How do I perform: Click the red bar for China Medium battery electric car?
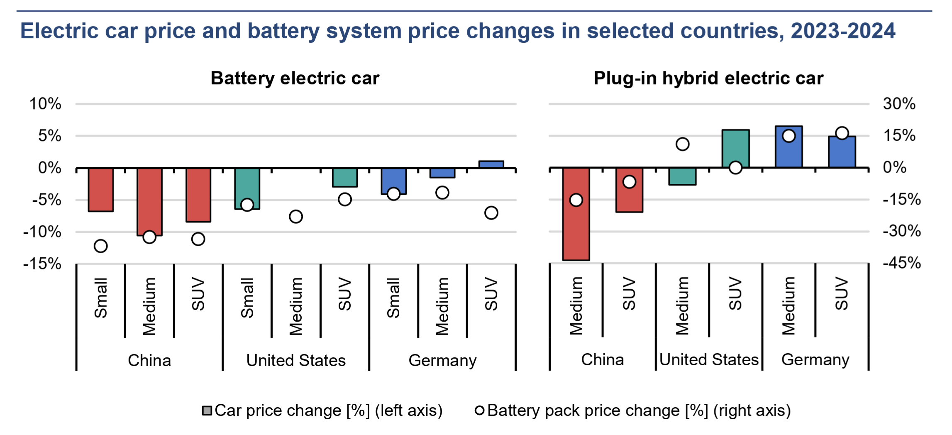pyautogui.click(x=149, y=201)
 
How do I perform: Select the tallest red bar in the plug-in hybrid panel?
pyautogui.click(x=576, y=214)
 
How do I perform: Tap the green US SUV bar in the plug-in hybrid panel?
pyautogui.click(x=735, y=148)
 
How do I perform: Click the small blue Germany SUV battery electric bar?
pyautogui.click(x=491, y=164)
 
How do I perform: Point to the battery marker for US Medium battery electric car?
pyautogui.click(x=296, y=216)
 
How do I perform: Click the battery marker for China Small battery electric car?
pyautogui.click(x=100, y=246)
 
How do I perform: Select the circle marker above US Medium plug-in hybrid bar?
pyautogui.click(x=683, y=144)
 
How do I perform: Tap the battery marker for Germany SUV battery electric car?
pyautogui.click(x=491, y=213)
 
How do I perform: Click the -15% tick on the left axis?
pyautogui.click(x=43, y=264)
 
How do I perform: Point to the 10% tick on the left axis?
pyautogui.click(x=45, y=104)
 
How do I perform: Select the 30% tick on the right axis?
pyautogui.click(x=899, y=104)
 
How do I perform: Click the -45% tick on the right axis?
pyautogui.click(x=901, y=263)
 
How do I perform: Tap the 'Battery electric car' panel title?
pyautogui.click(x=295, y=78)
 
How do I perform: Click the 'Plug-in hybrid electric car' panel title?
pyautogui.click(x=708, y=78)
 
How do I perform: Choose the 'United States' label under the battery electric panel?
pyautogui.click(x=296, y=360)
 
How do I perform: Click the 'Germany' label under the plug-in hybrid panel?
pyautogui.click(x=815, y=359)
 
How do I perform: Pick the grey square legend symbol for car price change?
pyautogui.click(x=207, y=411)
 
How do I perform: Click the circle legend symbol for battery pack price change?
pyautogui.click(x=479, y=411)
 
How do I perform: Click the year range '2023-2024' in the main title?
pyautogui.click(x=843, y=31)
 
